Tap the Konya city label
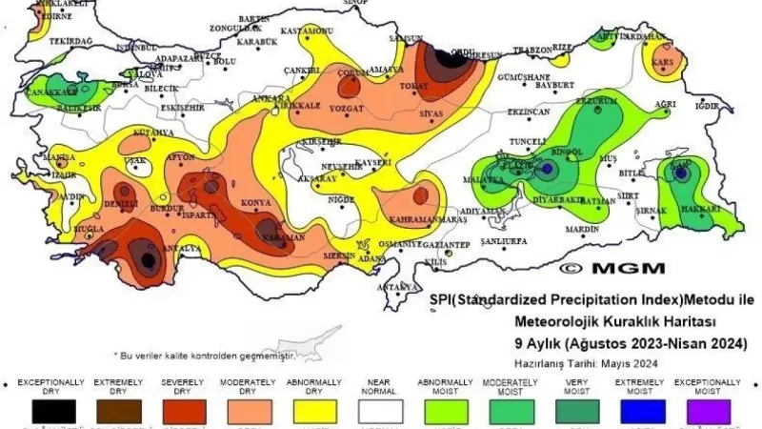[255, 202]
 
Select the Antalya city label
[183, 250]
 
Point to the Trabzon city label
[532, 50]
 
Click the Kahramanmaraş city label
[427, 219]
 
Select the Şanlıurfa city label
[504, 242]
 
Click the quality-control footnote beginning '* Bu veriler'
[205, 354]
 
